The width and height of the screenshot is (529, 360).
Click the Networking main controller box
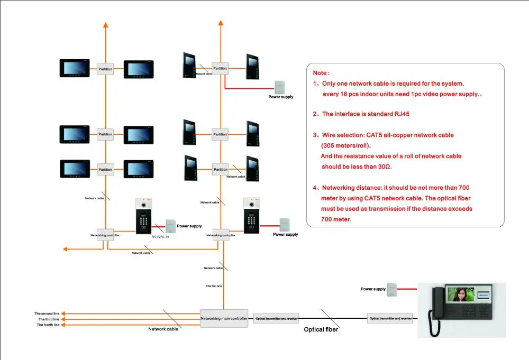[224, 318]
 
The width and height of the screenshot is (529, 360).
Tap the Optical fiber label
[321, 329]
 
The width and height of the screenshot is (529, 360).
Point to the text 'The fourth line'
[48, 325]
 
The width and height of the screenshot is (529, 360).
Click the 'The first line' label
[214, 286]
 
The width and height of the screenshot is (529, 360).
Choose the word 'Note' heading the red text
[320, 73]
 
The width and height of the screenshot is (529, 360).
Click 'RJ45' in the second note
[400, 114]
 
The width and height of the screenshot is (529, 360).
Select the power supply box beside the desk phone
[392, 289]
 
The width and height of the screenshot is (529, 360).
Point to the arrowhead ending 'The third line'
[64, 319]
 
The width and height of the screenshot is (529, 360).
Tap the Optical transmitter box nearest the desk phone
[390, 318]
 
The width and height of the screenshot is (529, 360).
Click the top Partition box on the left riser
[105, 69]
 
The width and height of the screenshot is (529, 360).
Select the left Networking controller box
[105, 235]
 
